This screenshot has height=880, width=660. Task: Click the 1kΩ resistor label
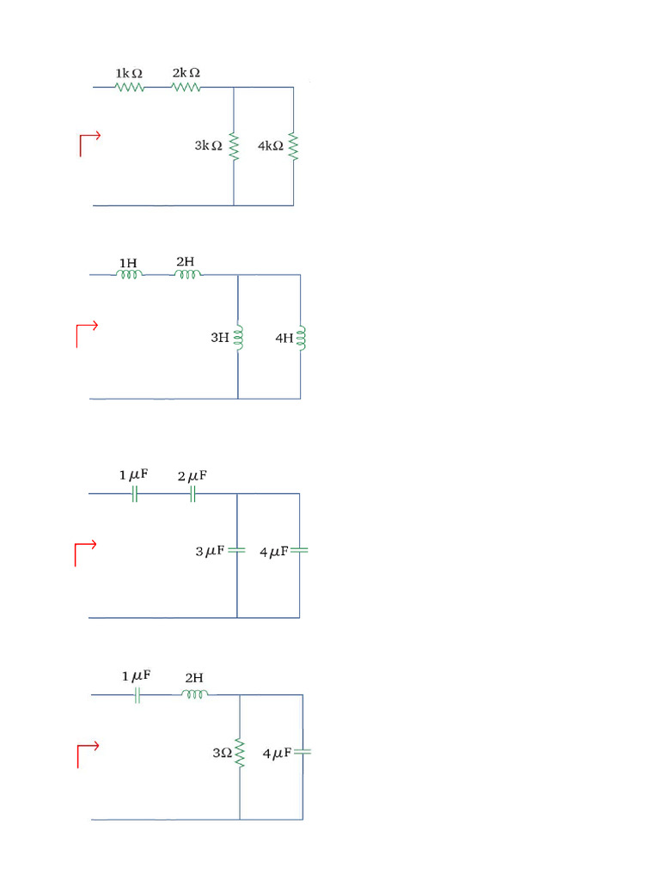(129, 74)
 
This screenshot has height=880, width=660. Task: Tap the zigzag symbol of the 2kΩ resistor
(186, 87)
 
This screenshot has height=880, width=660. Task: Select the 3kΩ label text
(208, 146)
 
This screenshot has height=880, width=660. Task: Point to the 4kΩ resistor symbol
(293, 146)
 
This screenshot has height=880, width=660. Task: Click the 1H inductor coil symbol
(130, 275)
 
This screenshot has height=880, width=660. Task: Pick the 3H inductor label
(220, 339)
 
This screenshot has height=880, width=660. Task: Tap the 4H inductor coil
(300, 338)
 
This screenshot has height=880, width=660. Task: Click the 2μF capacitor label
(192, 475)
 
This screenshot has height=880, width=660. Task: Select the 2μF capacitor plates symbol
(193, 494)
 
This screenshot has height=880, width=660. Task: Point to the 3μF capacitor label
(210, 551)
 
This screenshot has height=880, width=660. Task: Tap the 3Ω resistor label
(222, 754)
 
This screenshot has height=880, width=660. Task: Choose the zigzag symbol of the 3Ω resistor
(240, 754)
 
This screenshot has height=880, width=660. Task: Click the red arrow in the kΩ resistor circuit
(90, 144)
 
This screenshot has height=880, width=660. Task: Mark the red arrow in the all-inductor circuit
(87, 335)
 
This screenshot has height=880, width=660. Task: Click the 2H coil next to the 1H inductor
(187, 275)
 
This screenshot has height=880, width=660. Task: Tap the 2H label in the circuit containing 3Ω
(193, 678)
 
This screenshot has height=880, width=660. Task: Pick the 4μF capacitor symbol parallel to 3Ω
(302, 752)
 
